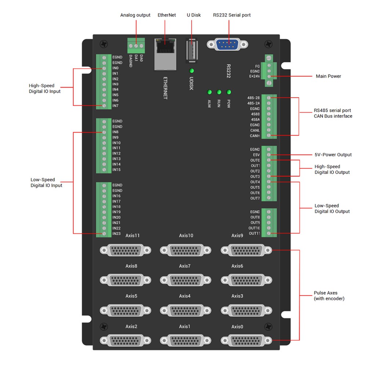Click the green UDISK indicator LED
tap(191, 71)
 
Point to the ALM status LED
tap(210, 92)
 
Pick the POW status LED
tap(229, 92)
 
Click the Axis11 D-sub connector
tap(126, 250)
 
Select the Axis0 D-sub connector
tap(246, 341)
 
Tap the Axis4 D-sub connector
tap(186, 310)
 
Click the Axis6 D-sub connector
tap(246, 280)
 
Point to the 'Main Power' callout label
tap(328, 76)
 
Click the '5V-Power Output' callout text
tap(333, 155)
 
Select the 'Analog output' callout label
tap(135, 15)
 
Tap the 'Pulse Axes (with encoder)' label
tap(329, 296)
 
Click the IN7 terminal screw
tap(104, 106)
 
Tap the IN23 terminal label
tap(116, 233)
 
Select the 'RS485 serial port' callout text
tap(332, 110)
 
